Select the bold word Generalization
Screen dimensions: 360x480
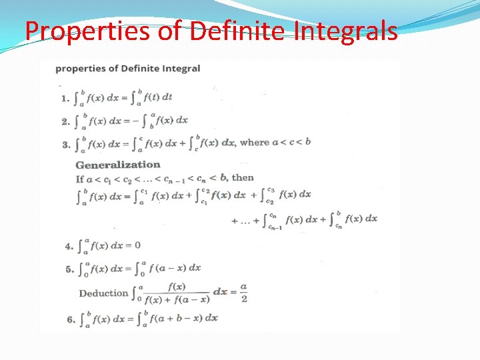(118, 165)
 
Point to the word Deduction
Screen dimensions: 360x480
(103, 293)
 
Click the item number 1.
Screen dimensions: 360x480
(65, 98)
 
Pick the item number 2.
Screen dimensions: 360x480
(65, 121)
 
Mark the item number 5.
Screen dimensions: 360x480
(69, 269)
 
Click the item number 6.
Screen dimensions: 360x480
(71, 319)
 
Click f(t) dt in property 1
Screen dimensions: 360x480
(159, 97)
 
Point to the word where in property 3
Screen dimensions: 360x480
(254, 143)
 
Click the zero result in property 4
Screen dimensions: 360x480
(137, 245)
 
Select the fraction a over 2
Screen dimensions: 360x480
(243, 293)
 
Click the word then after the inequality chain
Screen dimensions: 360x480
(243, 177)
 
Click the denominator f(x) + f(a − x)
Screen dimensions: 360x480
(177, 299)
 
